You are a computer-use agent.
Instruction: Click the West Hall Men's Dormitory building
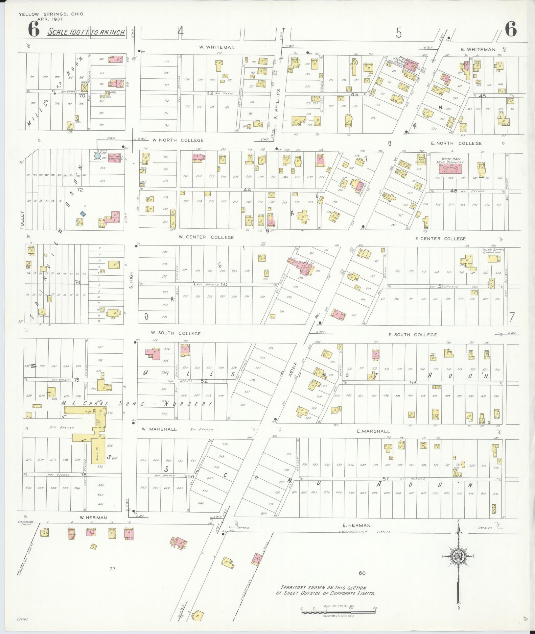click(x=450, y=169)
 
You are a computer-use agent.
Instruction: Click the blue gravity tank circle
click(x=97, y=156)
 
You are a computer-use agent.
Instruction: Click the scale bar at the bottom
click(x=338, y=612)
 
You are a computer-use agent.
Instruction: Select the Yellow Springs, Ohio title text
click(x=51, y=14)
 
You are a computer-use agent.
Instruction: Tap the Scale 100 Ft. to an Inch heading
click(x=86, y=32)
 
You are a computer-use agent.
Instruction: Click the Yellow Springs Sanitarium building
click(x=494, y=259)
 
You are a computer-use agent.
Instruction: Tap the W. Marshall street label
click(x=159, y=429)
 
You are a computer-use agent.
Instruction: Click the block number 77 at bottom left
click(x=112, y=568)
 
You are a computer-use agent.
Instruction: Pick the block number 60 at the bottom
click(x=362, y=573)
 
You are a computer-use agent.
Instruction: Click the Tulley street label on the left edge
click(x=23, y=220)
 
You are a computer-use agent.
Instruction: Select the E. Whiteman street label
click(x=478, y=50)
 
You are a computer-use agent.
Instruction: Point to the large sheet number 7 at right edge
click(x=512, y=317)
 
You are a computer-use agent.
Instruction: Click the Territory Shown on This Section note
click(x=325, y=591)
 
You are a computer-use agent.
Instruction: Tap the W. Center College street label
click(x=206, y=237)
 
